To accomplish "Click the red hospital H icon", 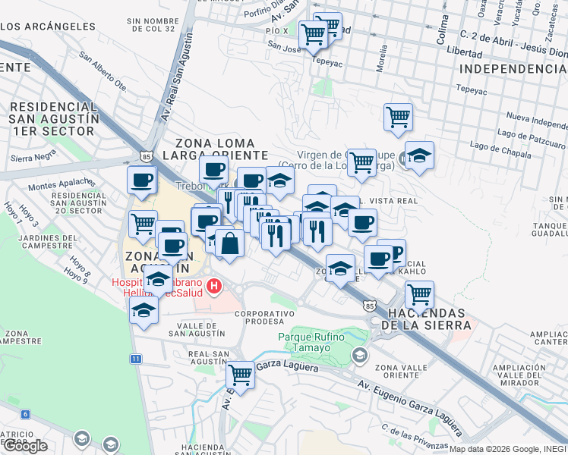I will [214, 286].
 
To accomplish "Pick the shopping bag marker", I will [229, 244].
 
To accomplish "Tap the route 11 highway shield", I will [135, 358].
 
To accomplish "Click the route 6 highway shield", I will [26, 414].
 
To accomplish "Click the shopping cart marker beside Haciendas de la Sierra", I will [418, 293].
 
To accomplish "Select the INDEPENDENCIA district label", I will [514, 69].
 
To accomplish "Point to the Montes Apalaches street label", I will [60, 185].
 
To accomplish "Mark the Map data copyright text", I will [507, 449].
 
